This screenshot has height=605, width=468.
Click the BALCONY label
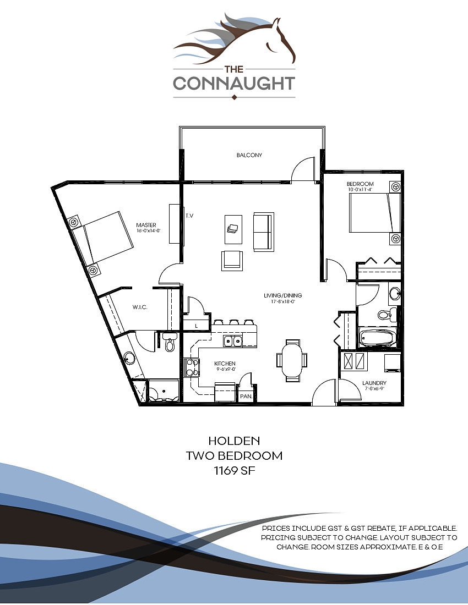(249, 155)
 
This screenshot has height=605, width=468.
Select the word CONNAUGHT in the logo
(234, 84)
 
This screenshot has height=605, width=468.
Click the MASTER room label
(146, 224)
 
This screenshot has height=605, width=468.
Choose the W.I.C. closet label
(139, 307)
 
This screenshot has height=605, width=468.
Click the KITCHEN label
(225, 364)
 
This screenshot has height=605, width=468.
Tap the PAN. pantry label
(245, 395)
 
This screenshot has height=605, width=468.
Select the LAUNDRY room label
(374, 383)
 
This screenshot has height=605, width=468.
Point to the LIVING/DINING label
(283, 295)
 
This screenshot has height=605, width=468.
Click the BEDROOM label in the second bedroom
(360, 184)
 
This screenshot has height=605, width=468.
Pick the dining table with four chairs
(292, 361)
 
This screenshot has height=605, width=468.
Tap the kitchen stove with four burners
(192, 367)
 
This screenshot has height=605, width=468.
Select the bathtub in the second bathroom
(378, 337)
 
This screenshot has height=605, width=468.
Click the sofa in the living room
(263, 232)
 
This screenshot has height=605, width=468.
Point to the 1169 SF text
(234, 470)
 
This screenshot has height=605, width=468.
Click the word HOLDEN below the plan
(234, 441)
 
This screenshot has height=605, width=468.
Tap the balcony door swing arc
(302, 168)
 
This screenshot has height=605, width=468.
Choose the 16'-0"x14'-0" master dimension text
(146, 231)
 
